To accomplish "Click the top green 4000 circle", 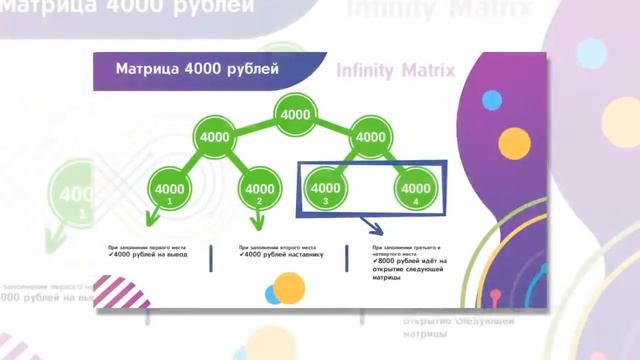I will [295, 115].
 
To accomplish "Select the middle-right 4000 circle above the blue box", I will [370, 136].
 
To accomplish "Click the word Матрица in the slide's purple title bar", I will [149, 70].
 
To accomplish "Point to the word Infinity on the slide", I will [367, 71].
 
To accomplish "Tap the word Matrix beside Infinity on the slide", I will [428, 71].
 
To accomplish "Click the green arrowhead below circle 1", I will [151, 217].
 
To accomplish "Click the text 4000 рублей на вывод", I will [150, 255].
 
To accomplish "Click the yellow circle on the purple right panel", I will [513, 143].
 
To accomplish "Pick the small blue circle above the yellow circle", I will [492, 100].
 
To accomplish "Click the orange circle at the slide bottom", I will [289, 288].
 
